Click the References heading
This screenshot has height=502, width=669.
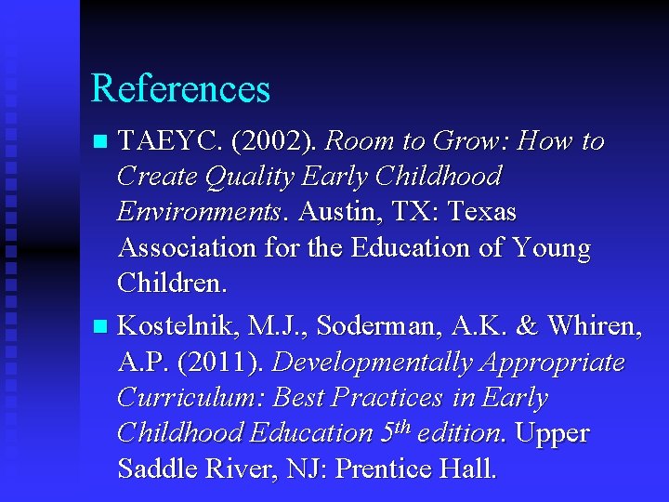point(180,88)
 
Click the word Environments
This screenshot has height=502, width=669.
point(198,212)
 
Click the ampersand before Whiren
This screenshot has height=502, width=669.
point(527,326)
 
